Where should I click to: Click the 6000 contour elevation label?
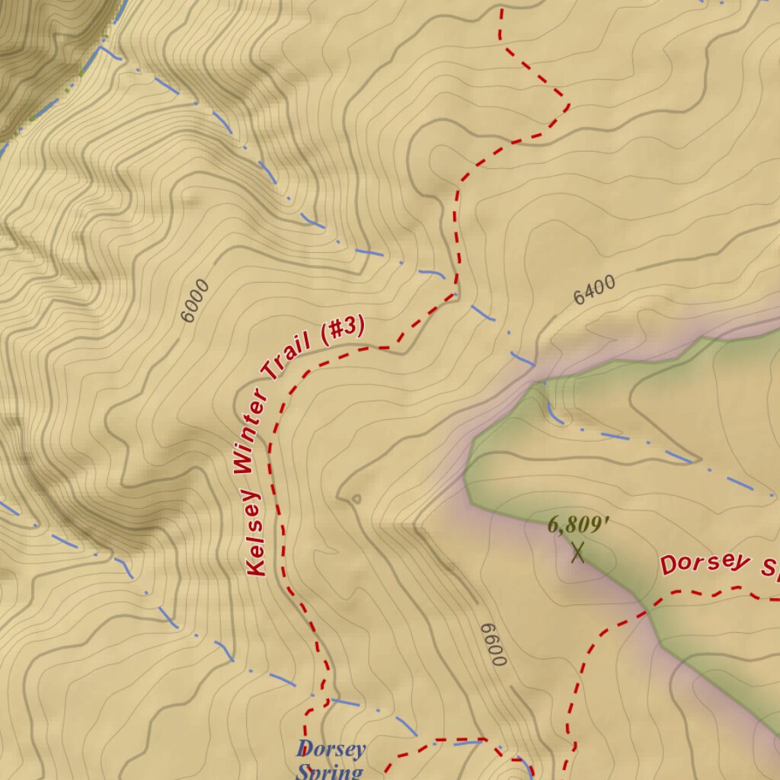(x=195, y=300)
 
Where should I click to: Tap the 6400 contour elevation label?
(x=594, y=289)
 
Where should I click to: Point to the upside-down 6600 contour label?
(x=494, y=644)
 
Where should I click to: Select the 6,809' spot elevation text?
(x=579, y=525)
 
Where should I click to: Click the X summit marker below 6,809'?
(x=578, y=551)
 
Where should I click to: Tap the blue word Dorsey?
(x=331, y=749)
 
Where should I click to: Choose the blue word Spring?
(x=329, y=771)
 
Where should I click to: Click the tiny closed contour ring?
(x=356, y=500)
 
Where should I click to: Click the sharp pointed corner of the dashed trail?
(x=568, y=105)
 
